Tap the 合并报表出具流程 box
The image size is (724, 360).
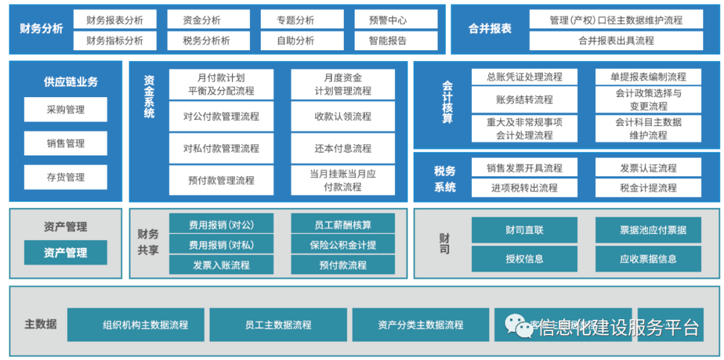[x=616, y=40]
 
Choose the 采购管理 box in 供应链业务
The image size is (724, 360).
[x=66, y=109]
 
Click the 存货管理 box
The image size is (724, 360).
[x=66, y=177]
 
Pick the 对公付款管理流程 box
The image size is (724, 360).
[x=221, y=116]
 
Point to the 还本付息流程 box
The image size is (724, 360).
[x=343, y=148]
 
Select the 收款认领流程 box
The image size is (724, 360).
[x=343, y=116]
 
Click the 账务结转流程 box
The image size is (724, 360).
[x=524, y=99]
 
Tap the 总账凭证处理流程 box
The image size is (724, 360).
[x=524, y=76]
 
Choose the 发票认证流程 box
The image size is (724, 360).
[x=648, y=168]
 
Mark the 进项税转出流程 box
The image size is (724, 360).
[x=524, y=188]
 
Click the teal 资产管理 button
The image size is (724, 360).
[x=66, y=253]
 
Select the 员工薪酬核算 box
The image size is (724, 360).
[x=343, y=225]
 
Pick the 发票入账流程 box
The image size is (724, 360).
[x=221, y=265]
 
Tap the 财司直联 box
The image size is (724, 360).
[x=524, y=230]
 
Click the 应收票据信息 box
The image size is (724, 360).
[x=648, y=259]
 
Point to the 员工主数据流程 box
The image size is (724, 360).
[x=278, y=324]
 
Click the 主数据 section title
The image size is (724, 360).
[x=41, y=324]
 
